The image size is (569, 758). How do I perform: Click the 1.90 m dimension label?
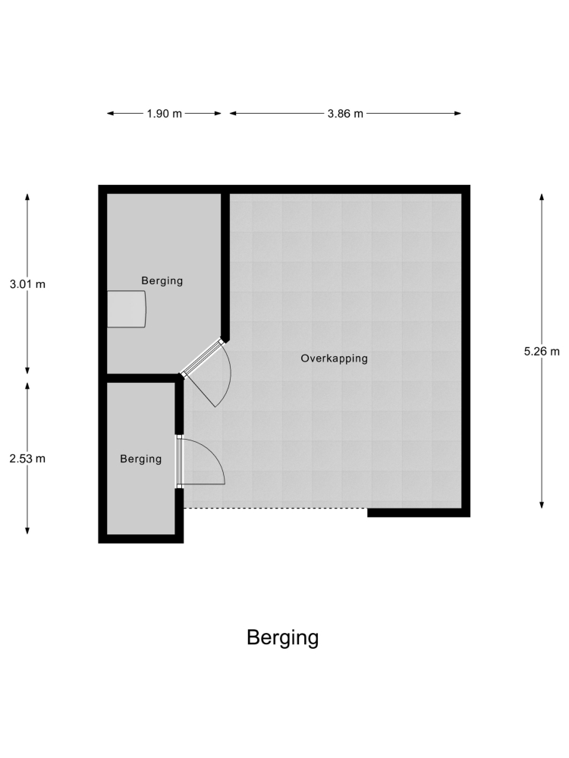[x=165, y=114]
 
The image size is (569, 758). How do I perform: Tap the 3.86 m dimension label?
[x=345, y=114]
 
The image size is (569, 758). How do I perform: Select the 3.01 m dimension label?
[x=27, y=284]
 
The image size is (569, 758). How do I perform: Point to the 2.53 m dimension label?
[x=27, y=459]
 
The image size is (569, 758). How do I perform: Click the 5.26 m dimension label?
[x=542, y=352]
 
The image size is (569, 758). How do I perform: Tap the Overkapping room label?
[x=335, y=359]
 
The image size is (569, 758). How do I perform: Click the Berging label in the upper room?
[x=162, y=281]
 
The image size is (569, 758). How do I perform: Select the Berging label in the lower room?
[x=141, y=459]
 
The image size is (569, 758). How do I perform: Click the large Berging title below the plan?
[x=282, y=638]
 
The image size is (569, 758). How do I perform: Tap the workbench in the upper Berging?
[x=126, y=309]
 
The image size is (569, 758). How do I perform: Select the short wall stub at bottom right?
[x=419, y=513]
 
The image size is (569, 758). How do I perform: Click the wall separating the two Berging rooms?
[x=141, y=378]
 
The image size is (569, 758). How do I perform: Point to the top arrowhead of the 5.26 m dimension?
[x=542, y=196]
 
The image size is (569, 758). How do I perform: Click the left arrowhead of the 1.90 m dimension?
[x=110, y=114]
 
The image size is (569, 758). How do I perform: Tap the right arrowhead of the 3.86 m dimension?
[x=457, y=114]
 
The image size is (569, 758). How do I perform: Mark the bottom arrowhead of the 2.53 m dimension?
[x=27, y=531]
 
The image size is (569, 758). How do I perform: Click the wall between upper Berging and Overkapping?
[x=225, y=267]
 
